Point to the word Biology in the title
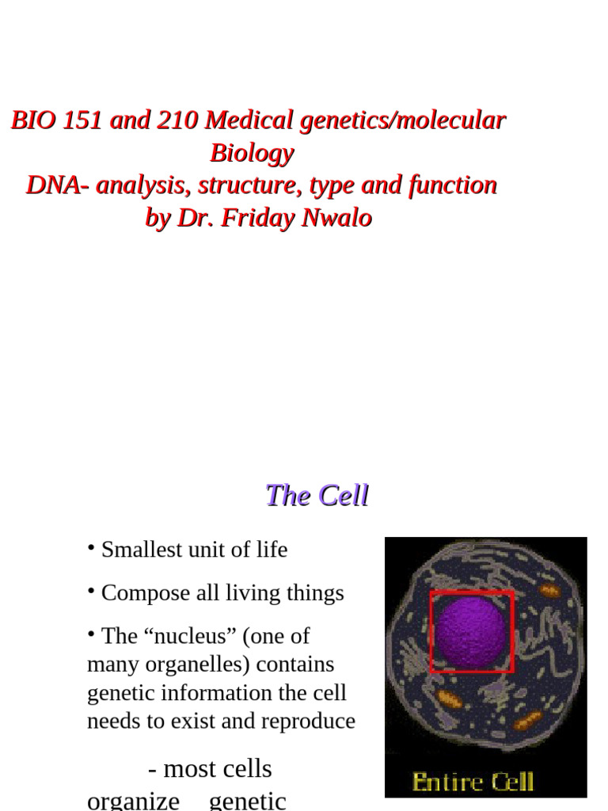click(x=252, y=153)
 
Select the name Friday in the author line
click(x=257, y=218)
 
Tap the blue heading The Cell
click(x=317, y=496)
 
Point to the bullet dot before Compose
click(x=92, y=590)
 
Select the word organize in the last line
click(x=133, y=800)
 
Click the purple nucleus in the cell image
click(x=470, y=631)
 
